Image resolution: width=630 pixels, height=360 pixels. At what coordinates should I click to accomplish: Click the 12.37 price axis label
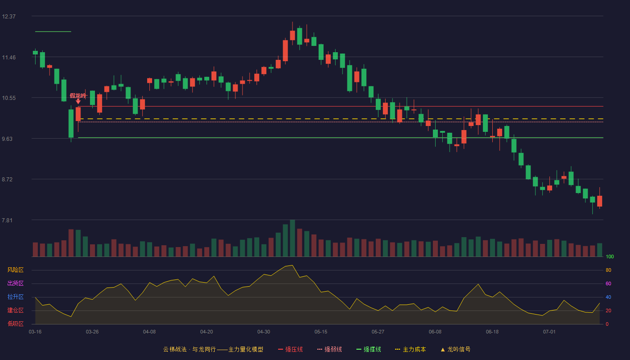click(x=9, y=17)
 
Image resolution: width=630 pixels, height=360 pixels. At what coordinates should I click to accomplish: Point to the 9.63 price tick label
click(x=7, y=139)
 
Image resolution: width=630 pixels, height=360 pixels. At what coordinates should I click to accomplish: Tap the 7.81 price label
click(x=7, y=220)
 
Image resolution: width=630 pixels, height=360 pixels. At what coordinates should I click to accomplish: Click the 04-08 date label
click(x=149, y=332)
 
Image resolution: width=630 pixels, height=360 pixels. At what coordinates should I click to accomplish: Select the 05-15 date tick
click(x=320, y=332)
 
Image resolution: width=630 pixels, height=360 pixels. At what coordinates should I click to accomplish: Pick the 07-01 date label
click(x=549, y=332)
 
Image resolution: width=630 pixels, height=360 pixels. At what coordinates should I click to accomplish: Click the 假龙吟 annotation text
click(x=78, y=95)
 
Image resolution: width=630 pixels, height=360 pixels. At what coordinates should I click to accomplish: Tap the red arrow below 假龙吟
click(x=78, y=101)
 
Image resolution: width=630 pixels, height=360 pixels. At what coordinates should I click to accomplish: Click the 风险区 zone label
click(x=15, y=270)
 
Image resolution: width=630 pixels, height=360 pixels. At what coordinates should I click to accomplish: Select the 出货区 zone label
click(x=15, y=283)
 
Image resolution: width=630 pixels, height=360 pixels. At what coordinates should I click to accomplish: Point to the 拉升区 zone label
click(x=15, y=297)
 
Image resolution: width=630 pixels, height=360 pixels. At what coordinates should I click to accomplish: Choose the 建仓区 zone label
click(x=15, y=310)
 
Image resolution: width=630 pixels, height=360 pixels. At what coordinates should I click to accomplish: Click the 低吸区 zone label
click(x=15, y=324)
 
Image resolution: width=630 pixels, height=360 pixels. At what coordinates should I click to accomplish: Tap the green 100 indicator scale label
click(x=610, y=256)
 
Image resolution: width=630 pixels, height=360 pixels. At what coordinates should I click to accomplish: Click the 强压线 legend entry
click(x=290, y=349)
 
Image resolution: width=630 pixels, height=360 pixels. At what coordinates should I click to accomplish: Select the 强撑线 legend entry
click(x=369, y=349)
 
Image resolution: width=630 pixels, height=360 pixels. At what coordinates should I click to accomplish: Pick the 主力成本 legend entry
click(x=410, y=349)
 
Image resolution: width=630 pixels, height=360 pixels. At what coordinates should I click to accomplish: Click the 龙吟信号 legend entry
click(x=455, y=349)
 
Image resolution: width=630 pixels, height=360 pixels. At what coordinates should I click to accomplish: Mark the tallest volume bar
click(x=292, y=238)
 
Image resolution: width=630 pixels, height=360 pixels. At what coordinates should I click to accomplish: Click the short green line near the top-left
click(x=53, y=32)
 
